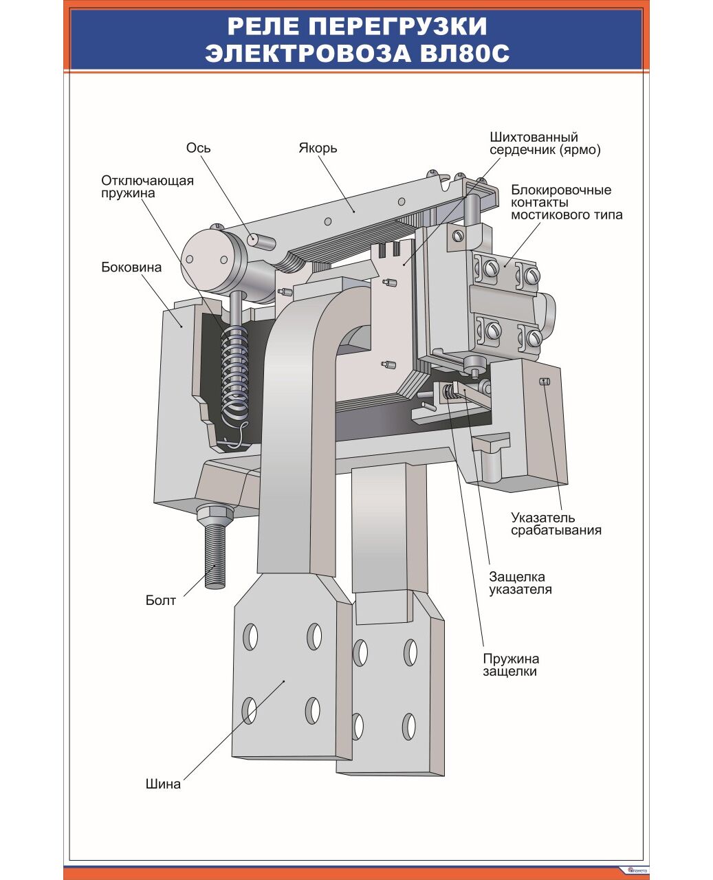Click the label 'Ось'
click(198, 148)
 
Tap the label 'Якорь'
click(318, 148)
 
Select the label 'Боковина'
click(131, 267)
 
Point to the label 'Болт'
click(161, 600)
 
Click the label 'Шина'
click(163, 784)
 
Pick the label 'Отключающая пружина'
click(147, 187)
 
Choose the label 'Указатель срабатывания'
click(556, 524)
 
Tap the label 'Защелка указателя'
click(520, 583)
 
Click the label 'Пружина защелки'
click(510, 665)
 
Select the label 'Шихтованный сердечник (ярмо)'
click(545, 144)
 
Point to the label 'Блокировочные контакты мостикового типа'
click(567, 202)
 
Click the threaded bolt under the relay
click(215, 557)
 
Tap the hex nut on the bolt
click(215, 513)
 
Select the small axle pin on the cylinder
click(262, 240)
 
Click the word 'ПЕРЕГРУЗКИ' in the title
click(397, 26)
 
